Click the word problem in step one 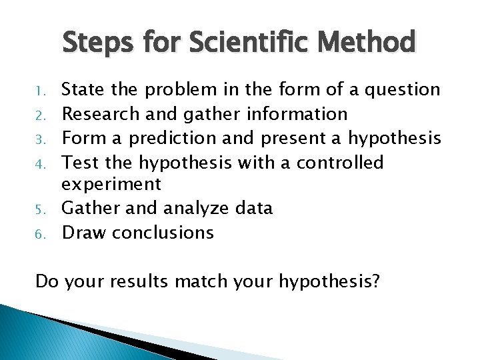pyautogui.click(x=180, y=90)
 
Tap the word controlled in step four pyautogui.click(x=340, y=162)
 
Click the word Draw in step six pyautogui.click(x=84, y=233)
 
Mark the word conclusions pyautogui.click(x=163, y=233)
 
